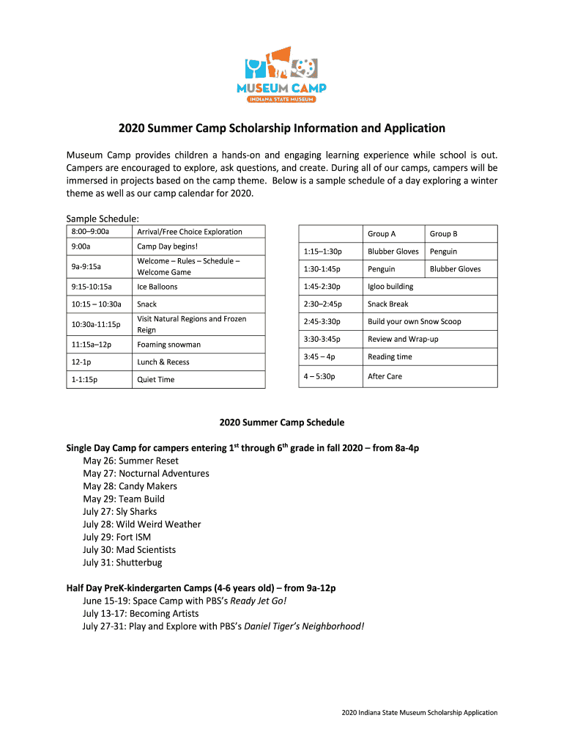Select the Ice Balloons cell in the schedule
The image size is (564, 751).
[x=157, y=287]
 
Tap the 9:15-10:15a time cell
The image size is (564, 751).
[x=92, y=287]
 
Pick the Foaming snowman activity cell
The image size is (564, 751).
[x=168, y=345]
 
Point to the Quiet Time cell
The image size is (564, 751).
[x=156, y=380]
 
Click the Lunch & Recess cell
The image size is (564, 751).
[x=163, y=362]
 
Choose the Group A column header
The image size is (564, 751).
[x=382, y=234]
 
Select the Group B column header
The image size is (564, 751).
[x=443, y=234]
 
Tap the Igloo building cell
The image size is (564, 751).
[x=390, y=287]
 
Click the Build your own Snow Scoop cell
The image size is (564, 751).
[x=415, y=322]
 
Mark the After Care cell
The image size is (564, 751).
[x=385, y=377]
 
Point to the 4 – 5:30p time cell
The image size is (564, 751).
[x=319, y=377]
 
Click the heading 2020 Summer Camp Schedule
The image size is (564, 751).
[x=282, y=422]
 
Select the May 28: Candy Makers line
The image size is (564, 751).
[x=130, y=486]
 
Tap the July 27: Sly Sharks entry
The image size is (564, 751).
[x=119, y=512]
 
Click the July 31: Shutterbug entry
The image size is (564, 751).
[x=122, y=563]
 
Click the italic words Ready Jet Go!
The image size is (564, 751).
[x=259, y=601]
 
